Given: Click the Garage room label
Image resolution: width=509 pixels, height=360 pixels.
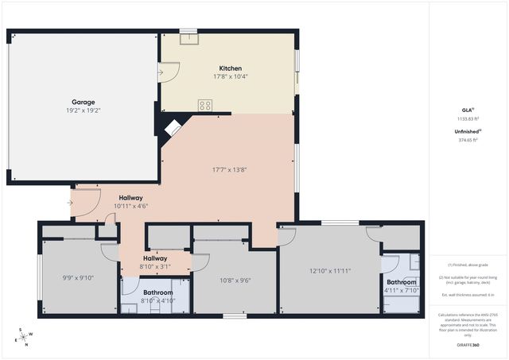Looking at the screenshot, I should tap(84, 102).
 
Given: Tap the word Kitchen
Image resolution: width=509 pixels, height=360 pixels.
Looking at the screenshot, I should tap(231, 68).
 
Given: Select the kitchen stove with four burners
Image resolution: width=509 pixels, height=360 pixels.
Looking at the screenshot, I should tap(205, 103).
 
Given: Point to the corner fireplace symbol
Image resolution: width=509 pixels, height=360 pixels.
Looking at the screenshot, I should tap(172, 128).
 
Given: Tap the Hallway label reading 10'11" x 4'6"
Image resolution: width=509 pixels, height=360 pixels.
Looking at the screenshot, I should tap(131, 205).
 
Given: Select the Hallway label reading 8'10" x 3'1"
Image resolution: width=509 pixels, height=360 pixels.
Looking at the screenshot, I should tap(155, 267).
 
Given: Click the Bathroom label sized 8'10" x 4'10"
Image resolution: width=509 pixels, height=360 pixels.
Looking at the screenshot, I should tap(157, 300).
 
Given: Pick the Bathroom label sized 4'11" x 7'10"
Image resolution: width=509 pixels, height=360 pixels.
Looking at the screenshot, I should tap(402, 290).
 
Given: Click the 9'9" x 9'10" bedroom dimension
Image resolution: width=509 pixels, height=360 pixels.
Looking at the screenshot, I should tap(78, 278).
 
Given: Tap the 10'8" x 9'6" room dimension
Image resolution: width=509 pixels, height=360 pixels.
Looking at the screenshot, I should tap(235, 280).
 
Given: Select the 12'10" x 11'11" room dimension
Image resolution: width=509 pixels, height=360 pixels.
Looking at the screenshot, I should tap(330, 270).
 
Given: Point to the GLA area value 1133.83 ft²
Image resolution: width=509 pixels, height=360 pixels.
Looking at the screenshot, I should tap(468, 118).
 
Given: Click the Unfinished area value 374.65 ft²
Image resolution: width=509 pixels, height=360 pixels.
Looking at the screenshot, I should tap(468, 140).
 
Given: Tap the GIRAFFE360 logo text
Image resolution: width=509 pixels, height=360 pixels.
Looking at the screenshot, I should tap(468, 346).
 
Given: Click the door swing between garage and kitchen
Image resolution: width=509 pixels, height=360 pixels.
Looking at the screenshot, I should tap(168, 74).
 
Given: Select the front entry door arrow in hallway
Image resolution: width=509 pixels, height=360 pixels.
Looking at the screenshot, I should tap(71, 203).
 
